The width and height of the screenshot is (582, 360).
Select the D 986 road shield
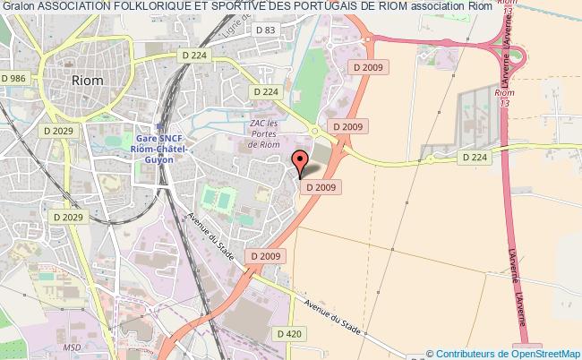(x=14, y=79)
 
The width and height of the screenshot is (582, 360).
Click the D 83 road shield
(x=265, y=30)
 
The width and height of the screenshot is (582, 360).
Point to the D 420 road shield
(x=289, y=334)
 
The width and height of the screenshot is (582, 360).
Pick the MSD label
(x=72, y=346)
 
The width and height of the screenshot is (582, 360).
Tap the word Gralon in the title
(x=17, y=10)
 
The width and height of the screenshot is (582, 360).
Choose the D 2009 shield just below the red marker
(x=320, y=187)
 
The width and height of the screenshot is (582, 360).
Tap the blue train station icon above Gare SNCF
(x=158, y=126)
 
